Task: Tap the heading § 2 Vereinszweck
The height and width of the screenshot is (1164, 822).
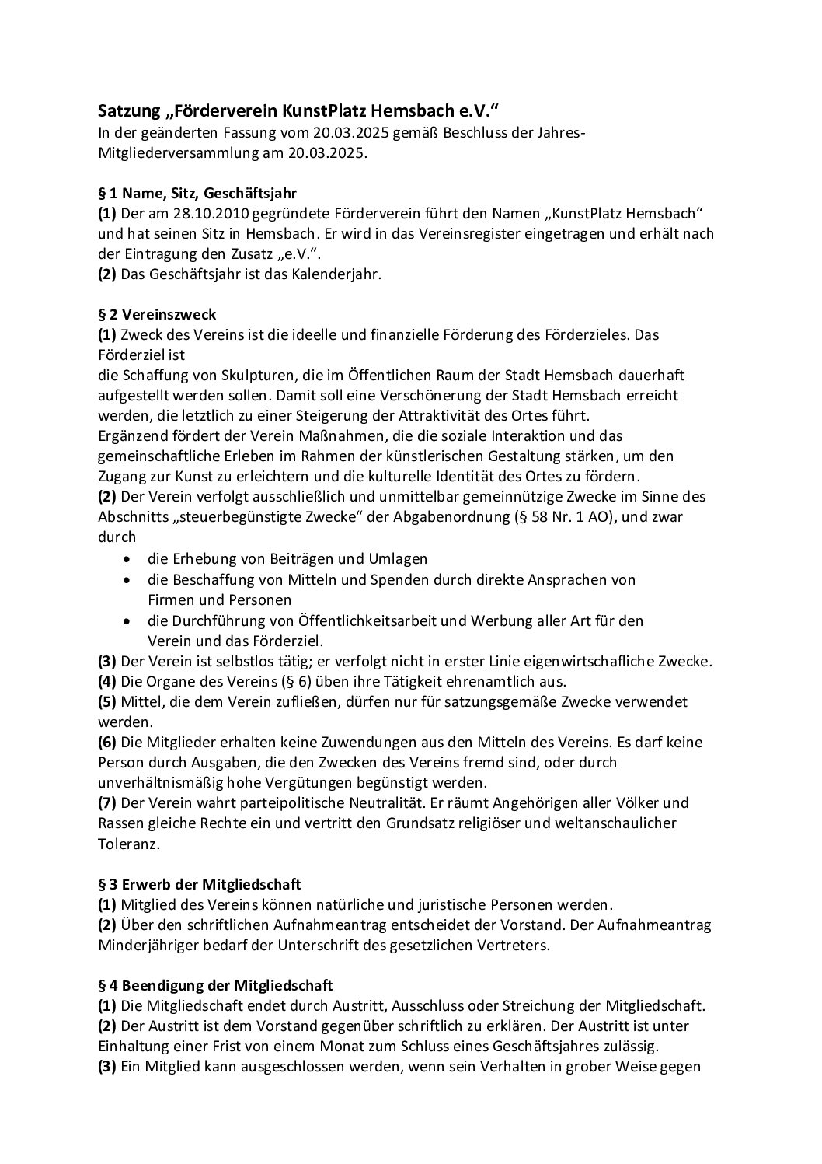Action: coord(157,314)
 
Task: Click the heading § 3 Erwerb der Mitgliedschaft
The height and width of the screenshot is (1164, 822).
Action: coord(200,884)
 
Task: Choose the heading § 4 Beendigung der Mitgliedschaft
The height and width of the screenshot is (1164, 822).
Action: coord(216,985)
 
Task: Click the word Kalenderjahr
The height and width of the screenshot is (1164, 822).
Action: coord(339,274)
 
